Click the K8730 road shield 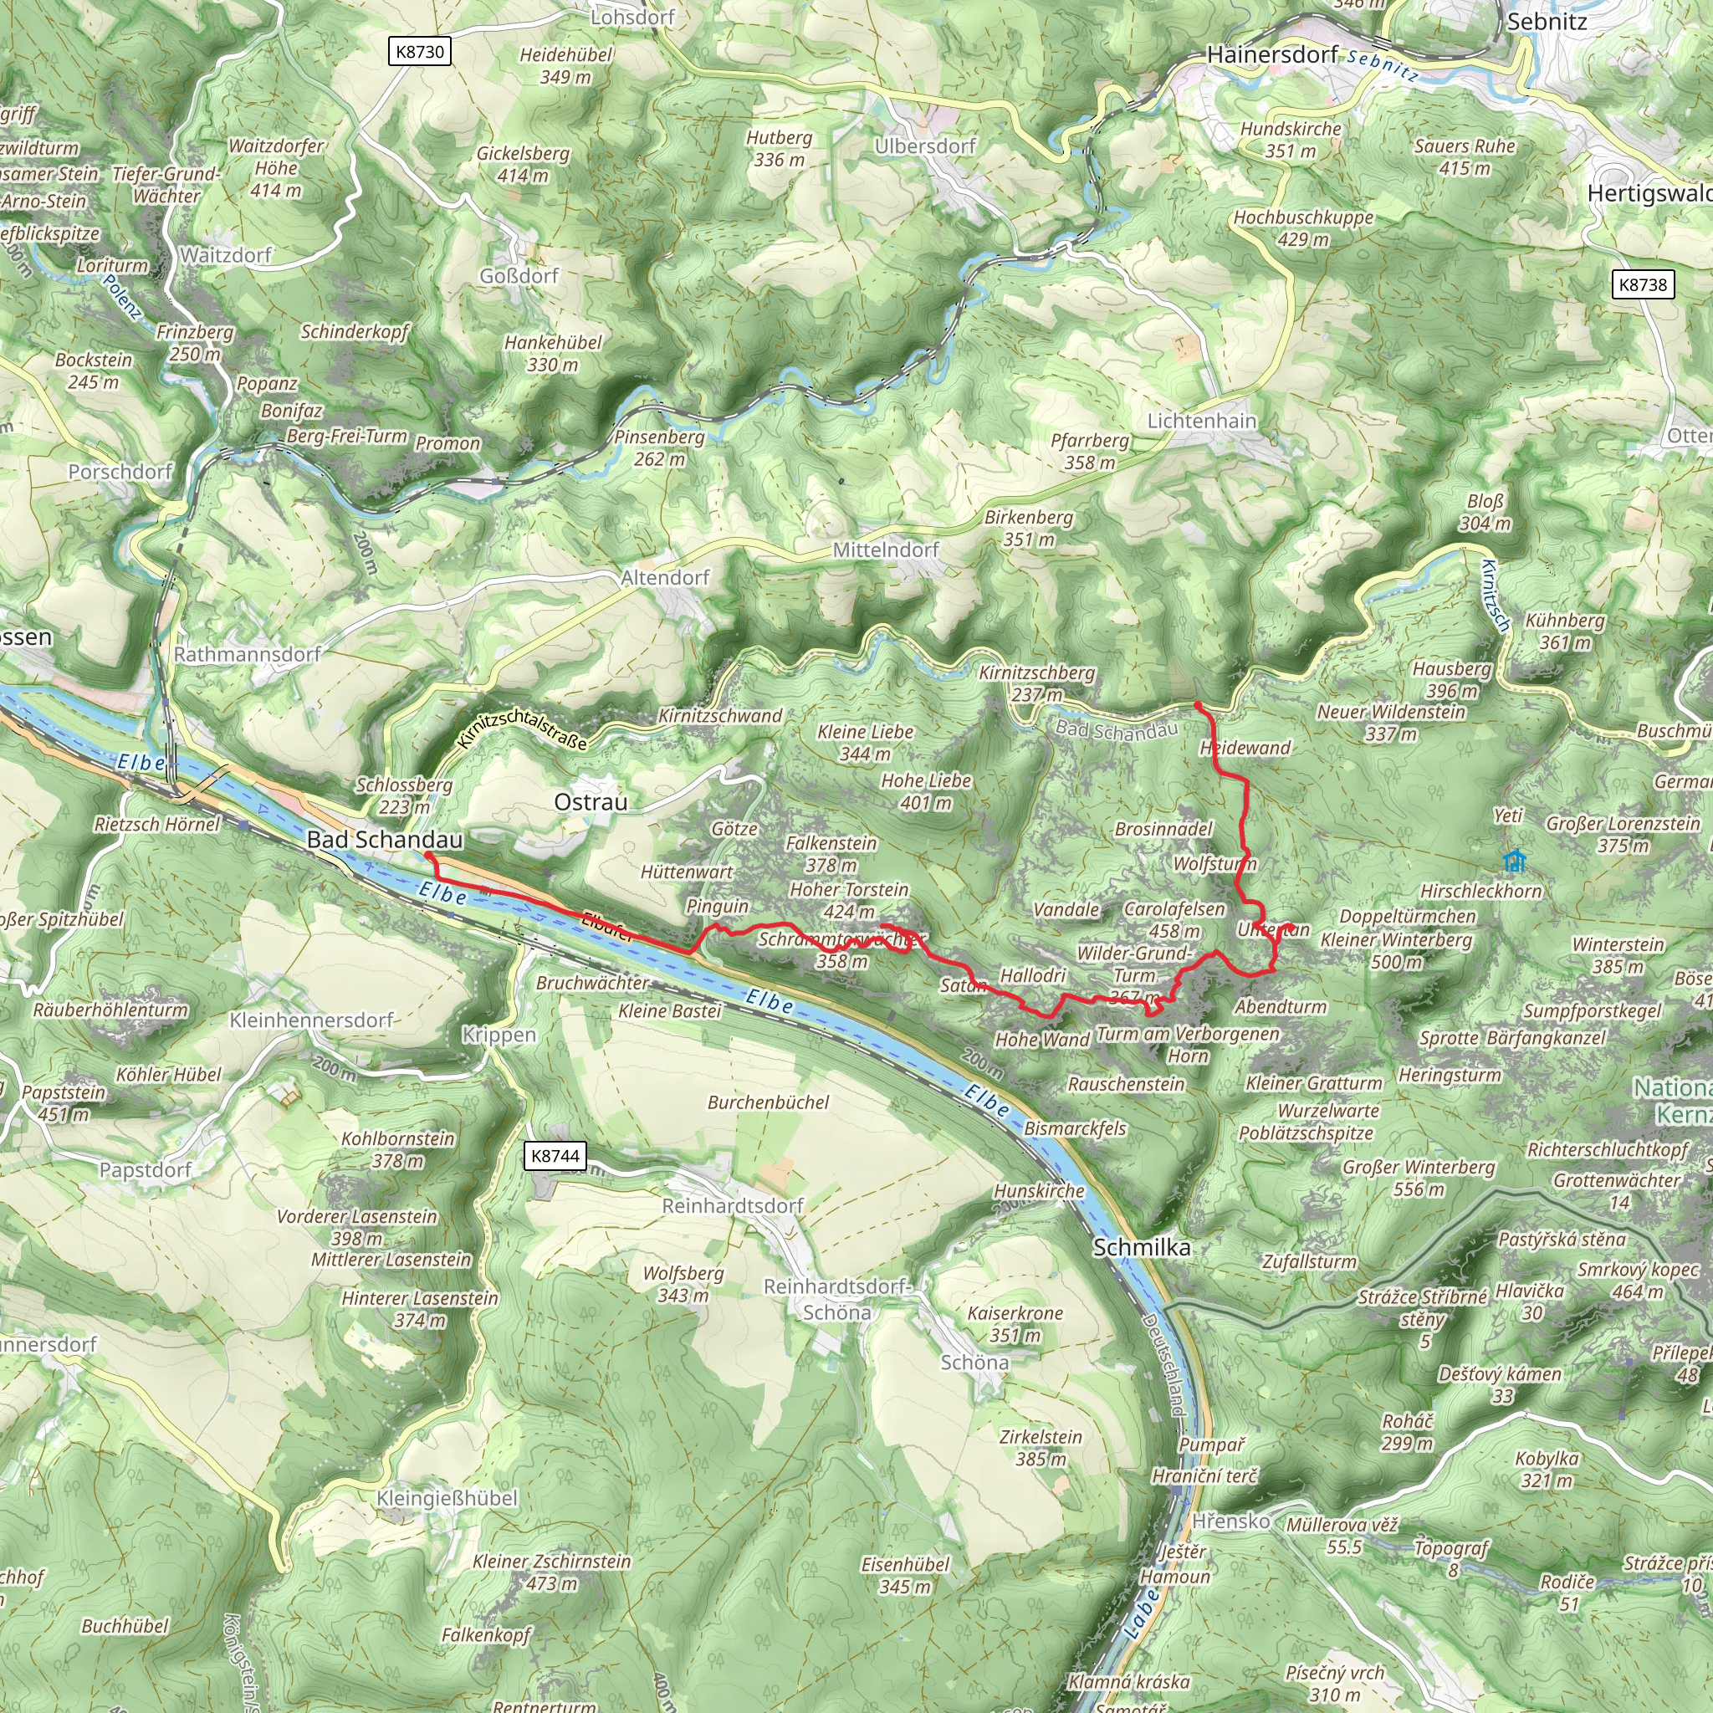point(419,51)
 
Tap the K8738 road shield point(1643,284)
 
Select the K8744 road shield point(555,1155)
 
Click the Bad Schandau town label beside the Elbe point(385,839)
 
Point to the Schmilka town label point(1141,1246)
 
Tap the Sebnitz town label point(1547,21)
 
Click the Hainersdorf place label point(1272,55)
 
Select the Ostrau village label point(591,801)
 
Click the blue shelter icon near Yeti point(1516,860)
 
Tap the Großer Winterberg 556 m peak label point(1419,1178)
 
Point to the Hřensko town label point(1230,1521)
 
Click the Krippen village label point(499,1035)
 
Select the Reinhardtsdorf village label point(733,1206)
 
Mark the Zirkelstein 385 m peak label point(1041,1447)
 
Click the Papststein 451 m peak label point(64,1103)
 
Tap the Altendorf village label point(665,577)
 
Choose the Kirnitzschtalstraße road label point(522,729)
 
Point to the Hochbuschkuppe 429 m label point(1302,228)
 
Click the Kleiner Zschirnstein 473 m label point(551,1572)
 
